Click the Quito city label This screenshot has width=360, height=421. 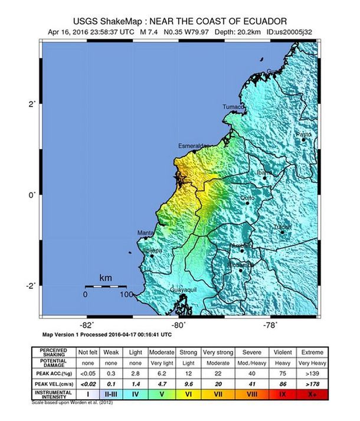(247, 199)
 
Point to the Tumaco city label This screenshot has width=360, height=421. (233, 107)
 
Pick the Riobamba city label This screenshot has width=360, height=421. (240, 265)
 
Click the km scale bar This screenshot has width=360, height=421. (106, 286)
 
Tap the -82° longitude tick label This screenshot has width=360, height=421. (87, 324)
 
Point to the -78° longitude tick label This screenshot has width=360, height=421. (270, 324)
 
